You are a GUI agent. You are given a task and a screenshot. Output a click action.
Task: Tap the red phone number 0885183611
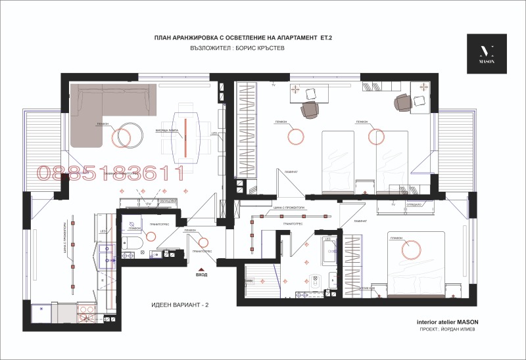[110, 173]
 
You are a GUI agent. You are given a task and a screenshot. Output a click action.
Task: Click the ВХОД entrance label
[203, 274]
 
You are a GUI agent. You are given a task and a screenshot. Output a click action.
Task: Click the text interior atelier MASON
[448, 323]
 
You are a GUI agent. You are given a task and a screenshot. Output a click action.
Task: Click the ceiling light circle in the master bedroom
[412, 248]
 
